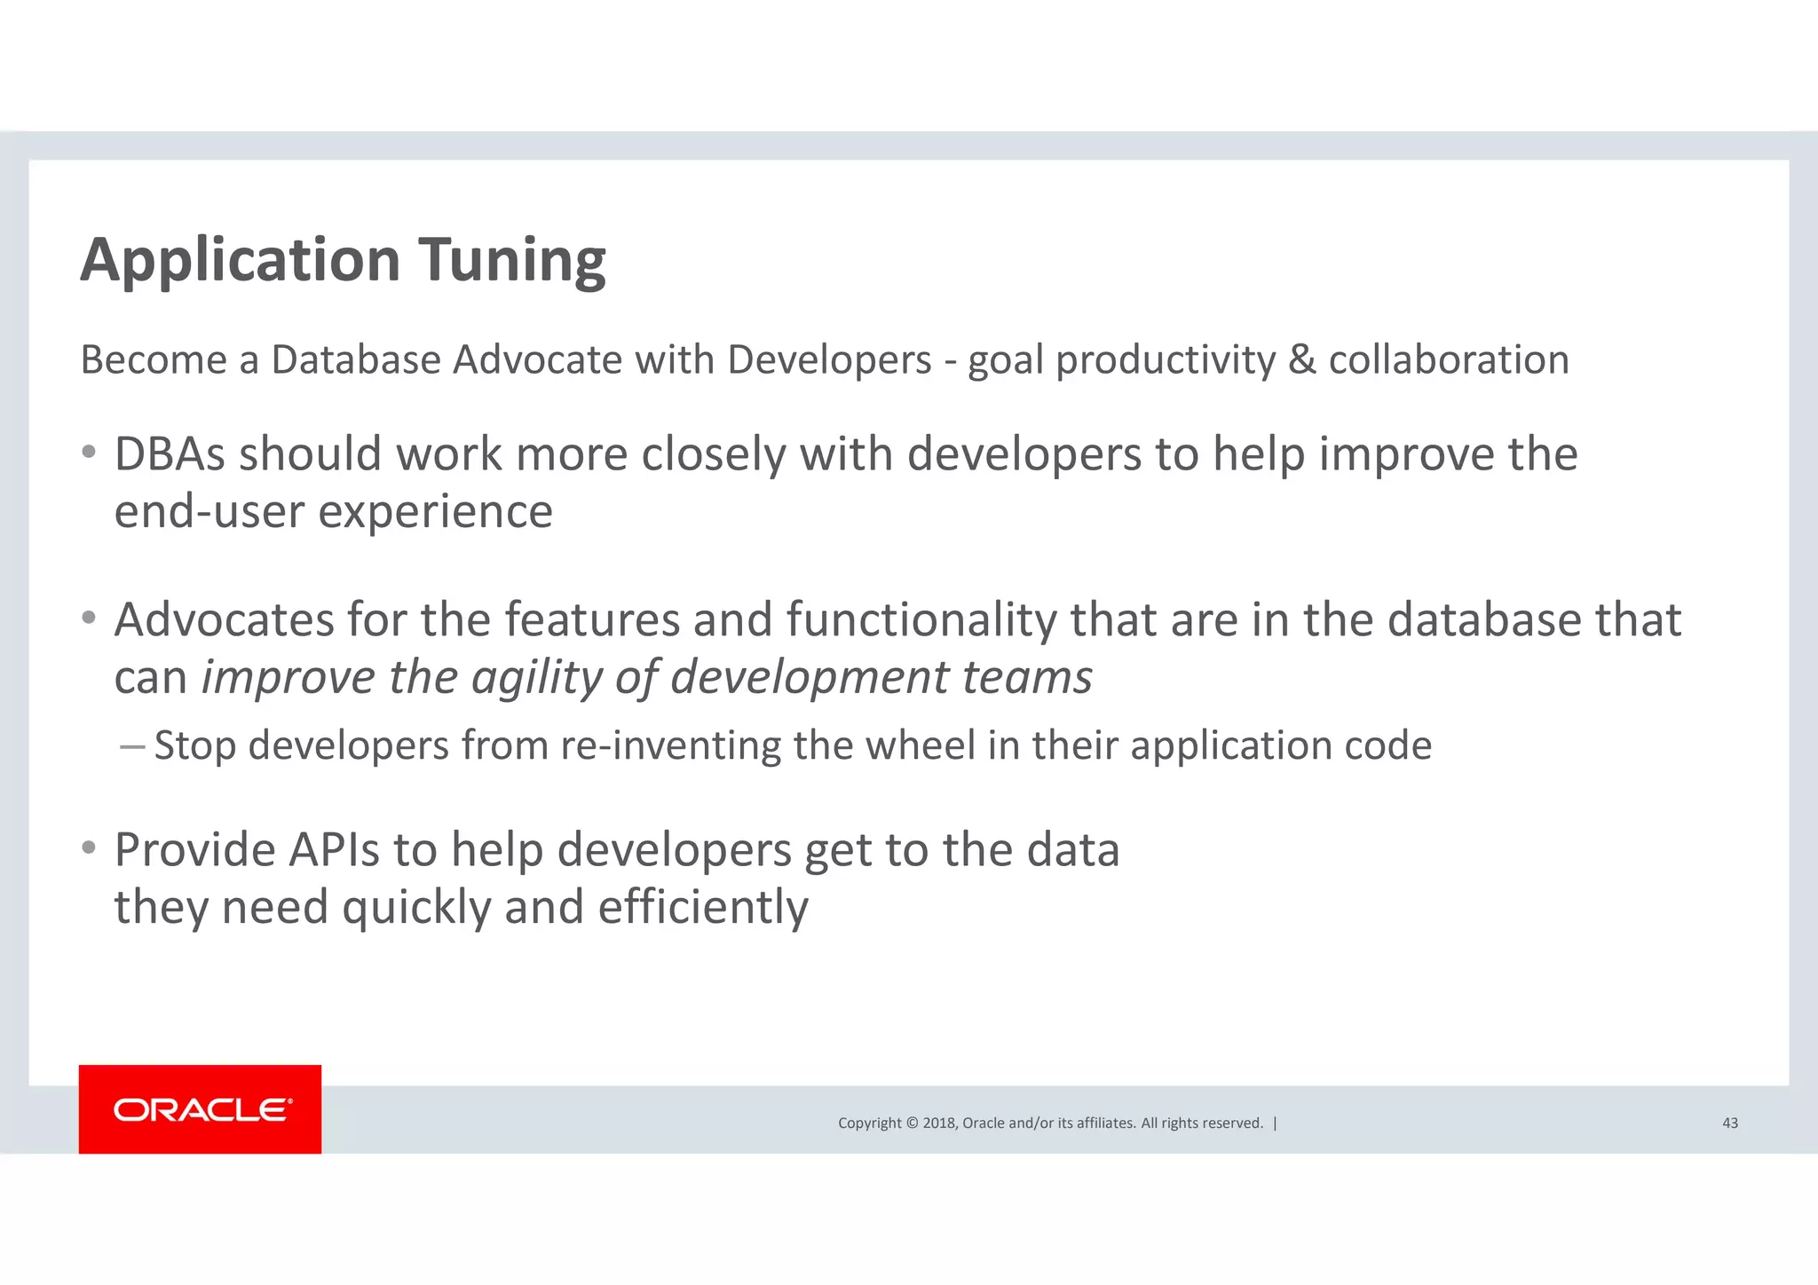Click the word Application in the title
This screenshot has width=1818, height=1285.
[x=240, y=261]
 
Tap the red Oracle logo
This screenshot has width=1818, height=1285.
[x=200, y=1109]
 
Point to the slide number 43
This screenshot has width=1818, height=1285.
[x=1729, y=1123]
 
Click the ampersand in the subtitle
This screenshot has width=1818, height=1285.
[x=1301, y=360]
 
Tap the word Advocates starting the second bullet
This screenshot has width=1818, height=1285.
[x=224, y=619]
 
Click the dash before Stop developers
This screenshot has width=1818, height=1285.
[x=131, y=746]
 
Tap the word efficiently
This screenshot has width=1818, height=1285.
[x=702, y=908]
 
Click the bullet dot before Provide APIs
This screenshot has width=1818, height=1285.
[x=88, y=848]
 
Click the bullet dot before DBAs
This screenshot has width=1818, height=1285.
[x=88, y=453]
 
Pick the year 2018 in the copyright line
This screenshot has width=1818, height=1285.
[x=938, y=1123]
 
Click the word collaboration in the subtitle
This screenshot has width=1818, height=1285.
[x=1448, y=360]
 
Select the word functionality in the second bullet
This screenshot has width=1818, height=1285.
[x=921, y=619]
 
